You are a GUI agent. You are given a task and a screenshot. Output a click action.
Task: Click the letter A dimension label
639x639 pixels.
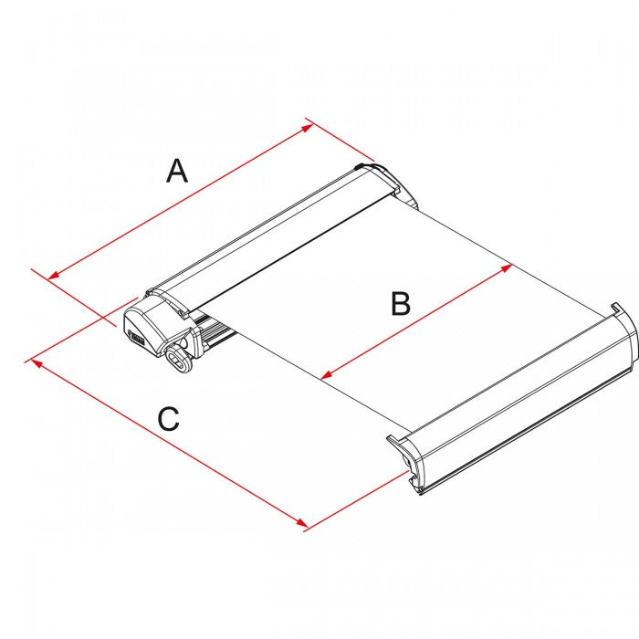click(x=177, y=170)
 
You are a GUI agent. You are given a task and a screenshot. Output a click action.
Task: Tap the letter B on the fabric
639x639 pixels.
click(x=400, y=303)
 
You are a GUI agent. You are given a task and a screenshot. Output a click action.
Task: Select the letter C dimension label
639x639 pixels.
click(x=168, y=419)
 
